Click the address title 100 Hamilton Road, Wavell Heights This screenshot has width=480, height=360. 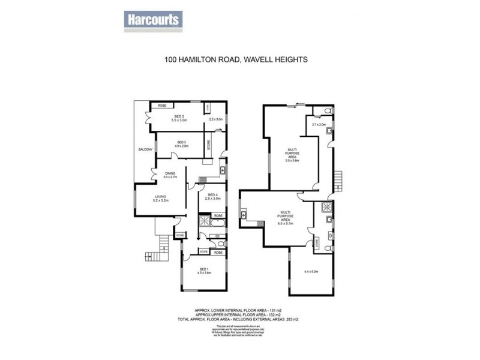tap(236, 59)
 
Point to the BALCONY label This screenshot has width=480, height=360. tap(145, 149)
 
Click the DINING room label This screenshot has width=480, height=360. tap(170, 175)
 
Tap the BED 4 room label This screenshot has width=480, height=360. tap(213, 197)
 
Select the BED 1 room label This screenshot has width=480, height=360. tap(203, 271)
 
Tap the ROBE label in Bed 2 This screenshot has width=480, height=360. tap(162, 106)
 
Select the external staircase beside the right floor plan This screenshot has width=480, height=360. tap(337, 179)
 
